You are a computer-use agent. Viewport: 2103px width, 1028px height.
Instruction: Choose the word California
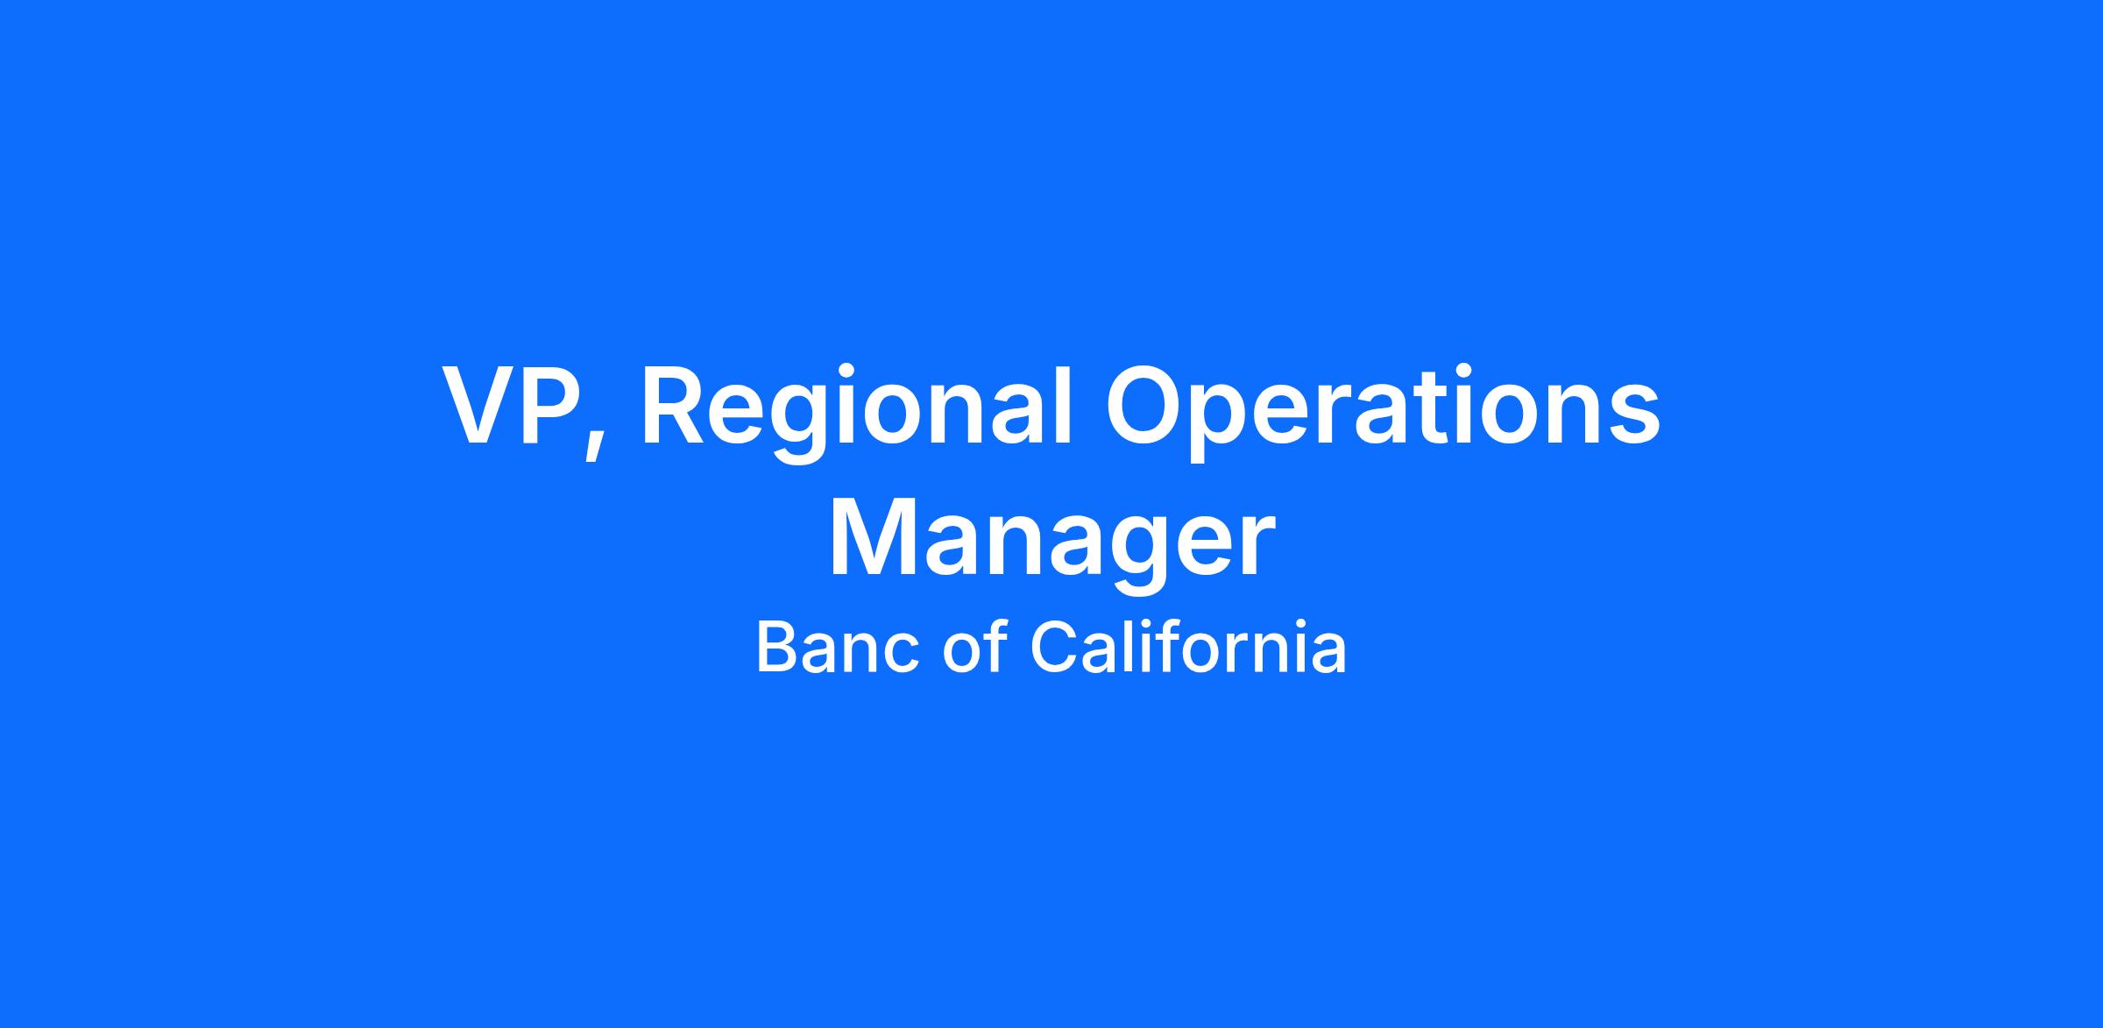1188,647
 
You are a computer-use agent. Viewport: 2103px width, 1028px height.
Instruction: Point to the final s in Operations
1635,416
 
